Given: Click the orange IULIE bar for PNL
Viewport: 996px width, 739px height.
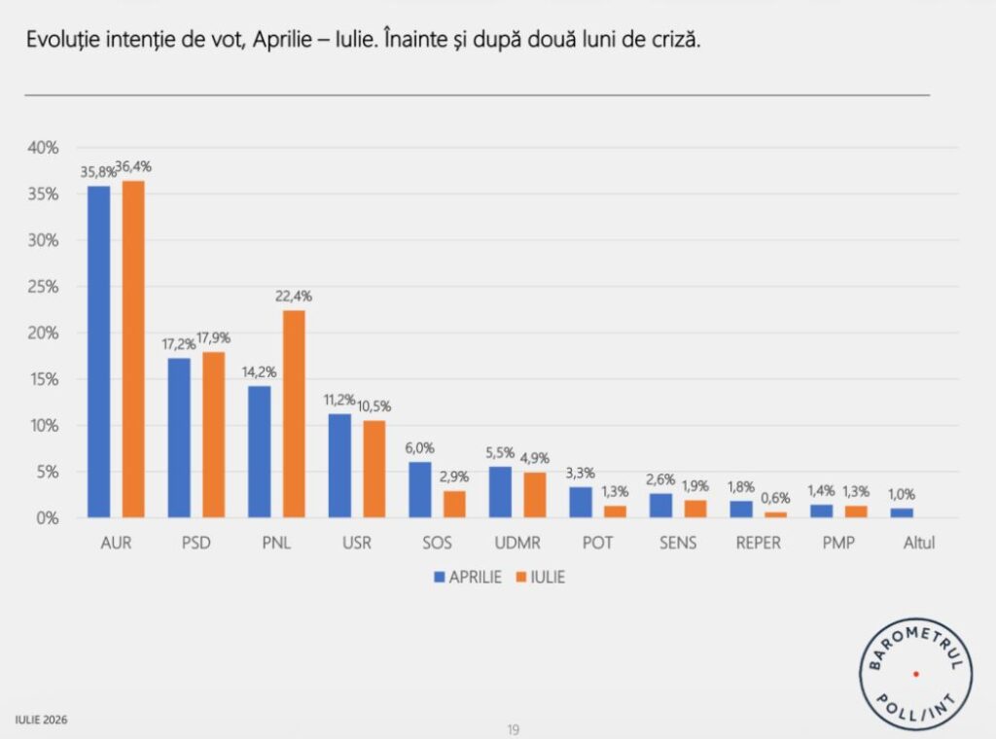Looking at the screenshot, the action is [x=294, y=414].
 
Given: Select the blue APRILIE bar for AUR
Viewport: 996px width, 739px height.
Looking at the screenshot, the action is [x=98, y=352].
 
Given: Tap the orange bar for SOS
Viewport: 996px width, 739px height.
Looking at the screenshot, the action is [x=454, y=504].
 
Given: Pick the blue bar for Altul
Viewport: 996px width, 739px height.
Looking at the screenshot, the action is [x=902, y=513].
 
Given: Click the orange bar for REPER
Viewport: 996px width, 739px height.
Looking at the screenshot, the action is [x=775, y=515].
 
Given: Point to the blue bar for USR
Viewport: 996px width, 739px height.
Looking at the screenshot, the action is [x=339, y=466].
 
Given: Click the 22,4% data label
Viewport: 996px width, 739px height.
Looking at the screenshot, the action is [x=294, y=296].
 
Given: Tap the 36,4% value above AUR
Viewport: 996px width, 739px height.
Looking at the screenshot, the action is [x=133, y=166].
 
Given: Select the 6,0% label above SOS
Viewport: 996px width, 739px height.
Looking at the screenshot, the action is [x=420, y=447].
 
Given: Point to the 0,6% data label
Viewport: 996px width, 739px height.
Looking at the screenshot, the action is [x=775, y=498].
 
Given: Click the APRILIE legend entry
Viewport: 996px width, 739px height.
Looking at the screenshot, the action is [x=468, y=577].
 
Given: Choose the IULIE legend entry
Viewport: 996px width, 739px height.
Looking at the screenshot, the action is [x=541, y=577].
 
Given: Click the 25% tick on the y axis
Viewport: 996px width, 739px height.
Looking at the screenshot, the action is [x=43, y=287].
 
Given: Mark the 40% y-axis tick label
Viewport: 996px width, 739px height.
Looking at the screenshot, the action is [x=43, y=148].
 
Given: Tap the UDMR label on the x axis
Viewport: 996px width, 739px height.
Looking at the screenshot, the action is [x=517, y=543].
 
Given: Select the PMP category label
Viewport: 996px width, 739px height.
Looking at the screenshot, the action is [x=838, y=543].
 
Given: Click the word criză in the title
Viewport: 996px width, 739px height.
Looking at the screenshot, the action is [x=676, y=39].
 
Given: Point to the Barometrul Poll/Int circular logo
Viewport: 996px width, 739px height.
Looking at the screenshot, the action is [x=915, y=674].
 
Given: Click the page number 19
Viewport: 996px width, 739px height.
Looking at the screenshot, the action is [x=514, y=729].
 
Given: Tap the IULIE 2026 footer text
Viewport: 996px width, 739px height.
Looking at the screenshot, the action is [x=41, y=720].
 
